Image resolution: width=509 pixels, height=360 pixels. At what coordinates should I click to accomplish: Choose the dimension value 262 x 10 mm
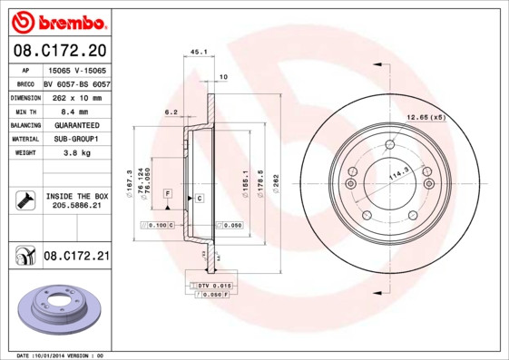(x=76, y=97)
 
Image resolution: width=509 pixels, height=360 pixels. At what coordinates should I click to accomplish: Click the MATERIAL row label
(x=24, y=139)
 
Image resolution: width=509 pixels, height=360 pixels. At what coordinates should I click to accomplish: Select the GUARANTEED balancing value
(x=76, y=125)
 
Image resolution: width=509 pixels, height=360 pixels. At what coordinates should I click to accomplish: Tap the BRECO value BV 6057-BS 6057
(x=76, y=83)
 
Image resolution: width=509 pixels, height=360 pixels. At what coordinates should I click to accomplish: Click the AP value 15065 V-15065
(x=76, y=69)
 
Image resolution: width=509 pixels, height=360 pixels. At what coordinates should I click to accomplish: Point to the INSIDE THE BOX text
(x=76, y=196)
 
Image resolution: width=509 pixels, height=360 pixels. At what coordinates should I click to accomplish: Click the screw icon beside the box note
(x=25, y=199)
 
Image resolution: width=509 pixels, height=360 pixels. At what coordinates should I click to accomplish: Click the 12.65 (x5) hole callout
(x=426, y=117)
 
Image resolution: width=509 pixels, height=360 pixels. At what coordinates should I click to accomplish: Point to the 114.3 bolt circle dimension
(x=396, y=170)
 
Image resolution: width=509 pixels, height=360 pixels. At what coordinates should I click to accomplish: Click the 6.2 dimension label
(x=171, y=112)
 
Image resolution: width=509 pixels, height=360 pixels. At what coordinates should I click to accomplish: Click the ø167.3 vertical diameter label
(x=131, y=180)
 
